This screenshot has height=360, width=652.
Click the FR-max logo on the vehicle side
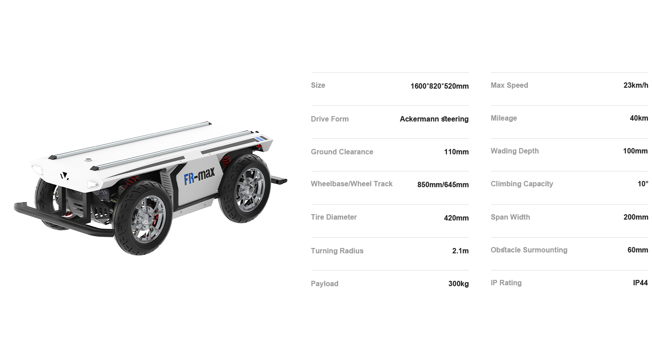point(199,176)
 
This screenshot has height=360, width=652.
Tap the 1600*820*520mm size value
point(439,86)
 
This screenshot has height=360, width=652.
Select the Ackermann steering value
point(434,119)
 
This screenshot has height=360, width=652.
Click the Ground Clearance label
point(342,152)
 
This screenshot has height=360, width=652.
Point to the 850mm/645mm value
point(443,184)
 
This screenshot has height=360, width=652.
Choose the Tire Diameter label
point(334,217)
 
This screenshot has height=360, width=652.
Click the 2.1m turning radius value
point(460,251)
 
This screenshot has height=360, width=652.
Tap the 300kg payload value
point(459,283)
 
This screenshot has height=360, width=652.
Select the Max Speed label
point(509,85)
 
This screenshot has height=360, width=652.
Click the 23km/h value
point(636,85)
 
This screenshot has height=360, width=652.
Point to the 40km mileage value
point(639,118)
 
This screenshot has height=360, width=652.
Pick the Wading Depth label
point(514,151)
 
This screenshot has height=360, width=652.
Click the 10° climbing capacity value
point(643,184)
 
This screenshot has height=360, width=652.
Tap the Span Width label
point(510,217)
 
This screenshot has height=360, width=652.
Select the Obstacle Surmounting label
point(529,250)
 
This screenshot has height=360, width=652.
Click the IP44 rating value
point(640,283)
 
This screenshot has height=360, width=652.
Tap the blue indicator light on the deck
point(259,139)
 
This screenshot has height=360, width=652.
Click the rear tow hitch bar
point(278,180)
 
